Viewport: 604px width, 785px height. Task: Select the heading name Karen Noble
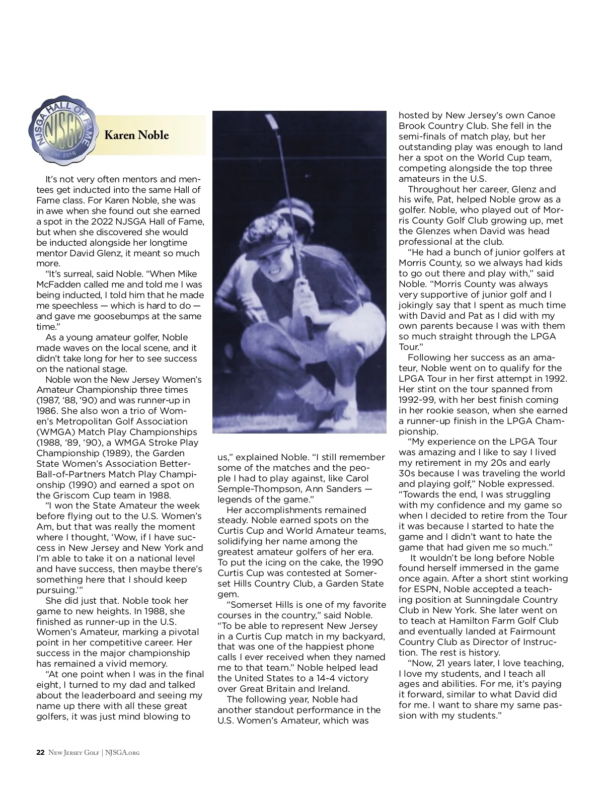[x=136, y=135]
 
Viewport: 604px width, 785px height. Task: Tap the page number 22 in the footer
[x=40, y=752]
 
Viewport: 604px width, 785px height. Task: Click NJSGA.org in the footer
[x=122, y=752]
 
